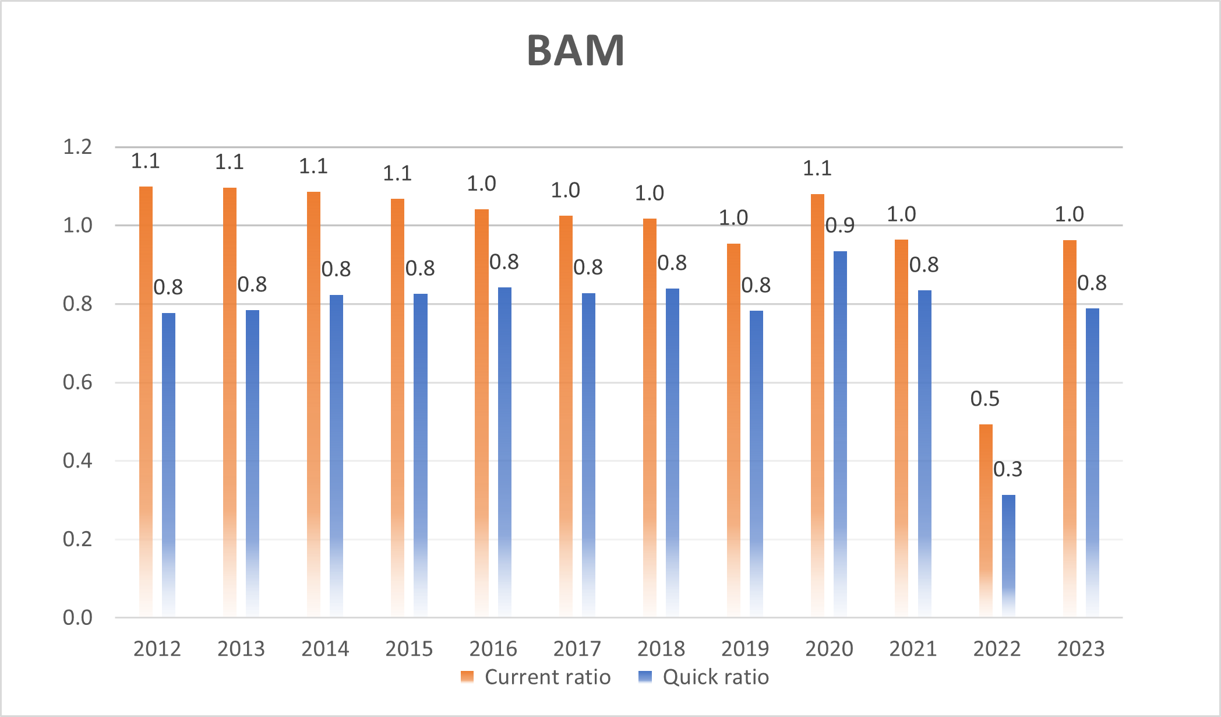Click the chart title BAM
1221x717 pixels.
pyautogui.click(x=576, y=51)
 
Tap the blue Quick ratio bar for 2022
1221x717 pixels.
pyautogui.click(x=1008, y=554)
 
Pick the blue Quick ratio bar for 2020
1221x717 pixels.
pyautogui.click(x=840, y=431)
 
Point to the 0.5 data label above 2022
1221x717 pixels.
pyautogui.click(x=984, y=399)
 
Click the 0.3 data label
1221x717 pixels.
pyautogui.click(x=1008, y=469)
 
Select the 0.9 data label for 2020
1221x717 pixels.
pyautogui.click(x=840, y=226)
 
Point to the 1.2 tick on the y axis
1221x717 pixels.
pyautogui.click(x=77, y=147)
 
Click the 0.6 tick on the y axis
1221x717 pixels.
pyautogui.click(x=77, y=382)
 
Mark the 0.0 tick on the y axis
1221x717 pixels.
pyautogui.click(x=77, y=617)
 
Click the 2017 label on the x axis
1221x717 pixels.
pyautogui.click(x=577, y=648)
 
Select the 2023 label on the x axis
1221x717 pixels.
pyautogui.click(x=1081, y=648)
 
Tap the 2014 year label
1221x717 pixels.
pyautogui.click(x=325, y=648)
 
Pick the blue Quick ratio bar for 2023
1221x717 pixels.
pyautogui.click(x=1092, y=461)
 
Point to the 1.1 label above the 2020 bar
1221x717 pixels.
pyautogui.click(x=817, y=168)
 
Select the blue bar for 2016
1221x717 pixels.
pyautogui.click(x=504, y=449)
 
